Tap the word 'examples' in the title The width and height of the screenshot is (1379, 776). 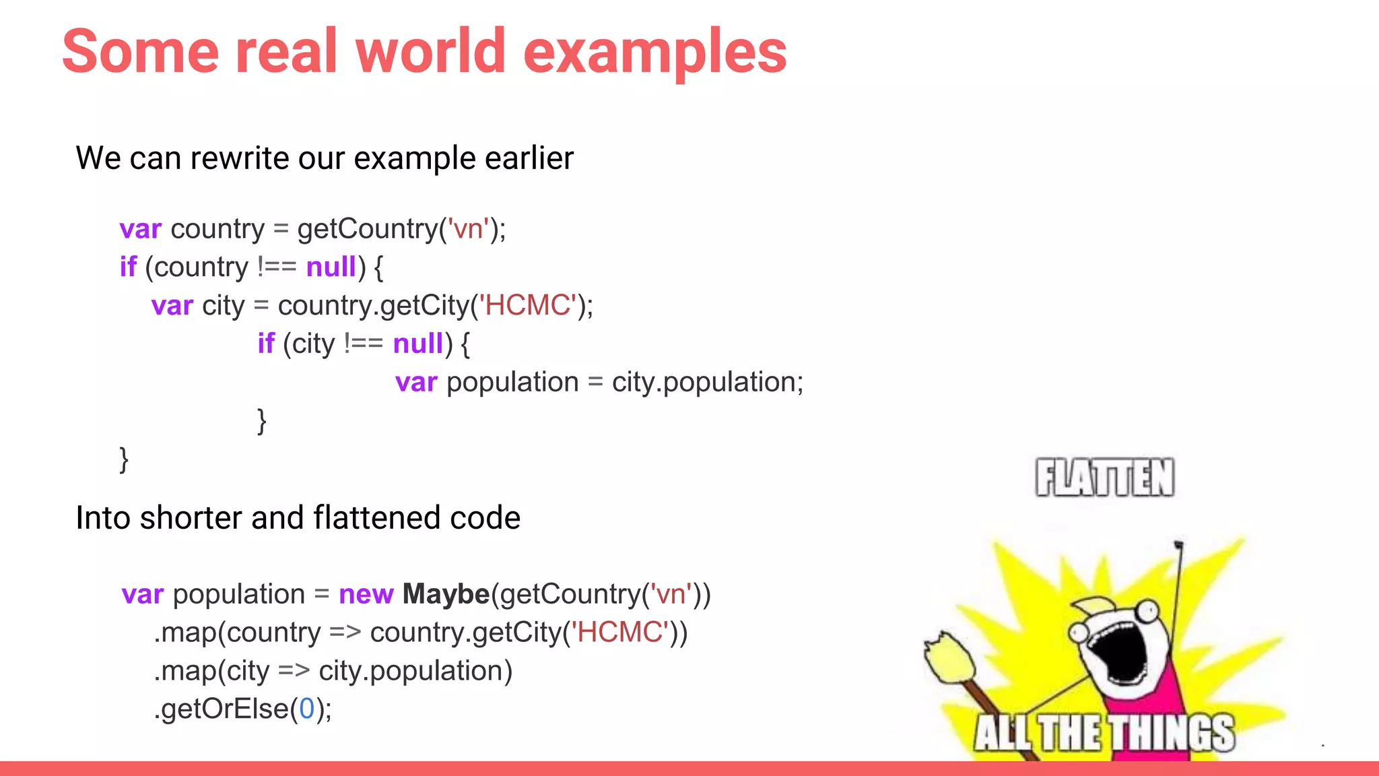pyautogui.click(x=654, y=53)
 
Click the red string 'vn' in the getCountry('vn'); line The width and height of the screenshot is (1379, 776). pyautogui.click(x=468, y=229)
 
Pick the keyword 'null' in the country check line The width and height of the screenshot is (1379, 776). pyautogui.click(x=331, y=267)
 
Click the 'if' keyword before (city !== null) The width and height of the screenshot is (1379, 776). pyautogui.click(x=266, y=344)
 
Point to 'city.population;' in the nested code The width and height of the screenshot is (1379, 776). pyautogui.click(x=707, y=382)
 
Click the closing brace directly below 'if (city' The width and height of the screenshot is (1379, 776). pyautogui.click(x=262, y=421)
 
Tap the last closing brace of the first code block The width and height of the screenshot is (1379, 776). pyautogui.click(x=124, y=459)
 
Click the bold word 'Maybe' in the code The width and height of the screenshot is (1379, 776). pyautogui.click(x=446, y=594)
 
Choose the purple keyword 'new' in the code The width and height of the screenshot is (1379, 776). pyautogui.click(x=366, y=594)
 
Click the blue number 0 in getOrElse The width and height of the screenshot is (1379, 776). pyautogui.click(x=306, y=709)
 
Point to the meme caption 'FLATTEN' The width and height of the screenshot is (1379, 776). pyautogui.click(x=1104, y=478)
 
